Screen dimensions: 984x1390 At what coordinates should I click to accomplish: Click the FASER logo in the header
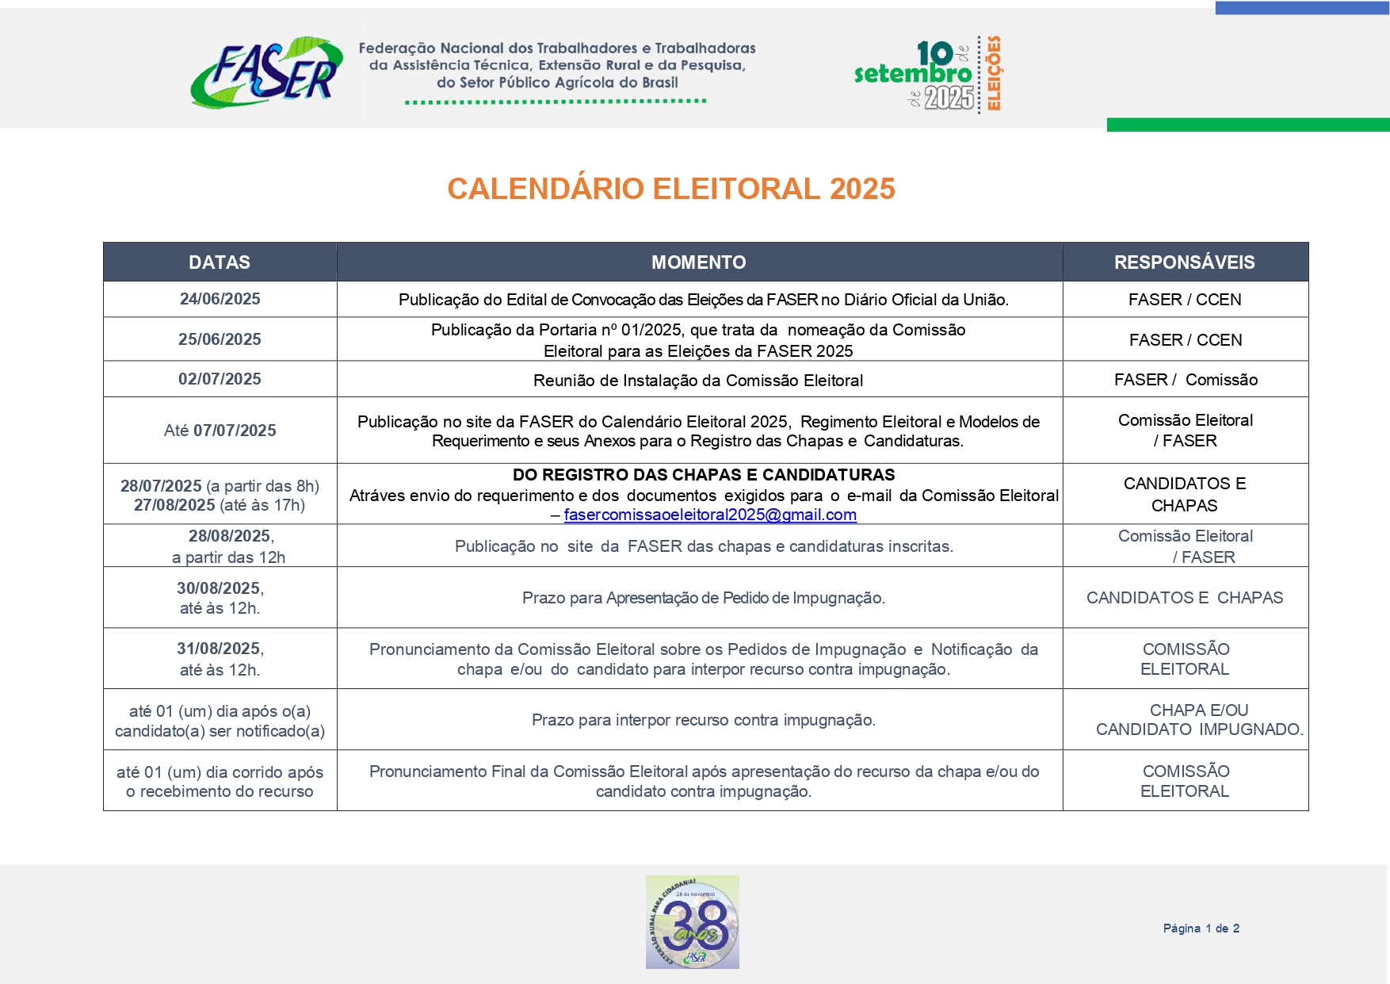pos(266,72)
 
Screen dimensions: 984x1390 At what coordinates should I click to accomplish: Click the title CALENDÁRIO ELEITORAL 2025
pos(670,189)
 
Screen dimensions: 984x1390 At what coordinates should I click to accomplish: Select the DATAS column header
pos(220,262)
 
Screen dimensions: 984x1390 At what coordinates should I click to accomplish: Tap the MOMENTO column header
pos(698,262)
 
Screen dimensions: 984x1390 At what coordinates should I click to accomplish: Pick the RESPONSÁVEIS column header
pos(1184,262)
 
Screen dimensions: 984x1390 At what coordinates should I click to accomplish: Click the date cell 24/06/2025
pos(220,299)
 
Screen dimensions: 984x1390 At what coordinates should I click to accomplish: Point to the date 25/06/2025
pos(220,339)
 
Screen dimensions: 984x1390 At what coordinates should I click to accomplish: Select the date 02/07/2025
pos(220,379)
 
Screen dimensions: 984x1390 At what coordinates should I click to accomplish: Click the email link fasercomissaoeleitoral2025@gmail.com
pos(710,515)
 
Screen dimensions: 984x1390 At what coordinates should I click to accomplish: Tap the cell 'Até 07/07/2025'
pos(220,431)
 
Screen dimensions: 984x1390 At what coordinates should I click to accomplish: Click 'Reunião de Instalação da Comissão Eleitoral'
pos(698,381)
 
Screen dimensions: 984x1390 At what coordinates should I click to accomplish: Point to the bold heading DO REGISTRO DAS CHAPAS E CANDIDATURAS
pos(703,475)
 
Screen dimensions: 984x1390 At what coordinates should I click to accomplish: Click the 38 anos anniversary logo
pos(692,922)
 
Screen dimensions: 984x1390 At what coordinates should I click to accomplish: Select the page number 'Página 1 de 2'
pos(1201,928)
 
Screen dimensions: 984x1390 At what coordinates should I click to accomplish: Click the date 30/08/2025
pos(219,588)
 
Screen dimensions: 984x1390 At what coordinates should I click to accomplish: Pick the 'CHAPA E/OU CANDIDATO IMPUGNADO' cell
pos(1198,720)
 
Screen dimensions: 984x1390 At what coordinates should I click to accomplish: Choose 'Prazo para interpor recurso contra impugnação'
pos(703,720)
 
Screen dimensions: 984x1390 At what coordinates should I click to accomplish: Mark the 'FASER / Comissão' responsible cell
pos(1185,380)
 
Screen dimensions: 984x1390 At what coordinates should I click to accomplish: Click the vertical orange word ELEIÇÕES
pos(994,73)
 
